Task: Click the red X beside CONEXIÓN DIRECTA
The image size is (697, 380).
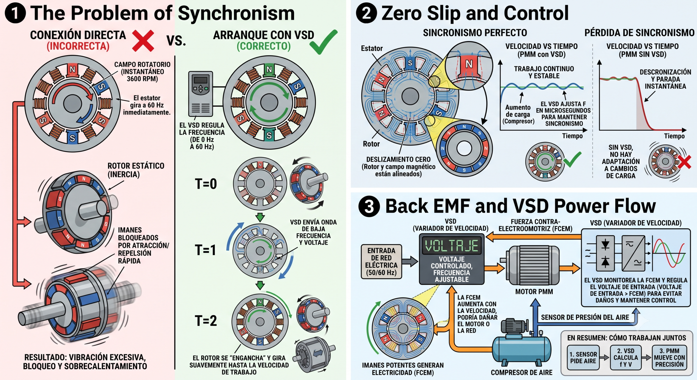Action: click(143, 41)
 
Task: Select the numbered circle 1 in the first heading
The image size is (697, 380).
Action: click(15, 13)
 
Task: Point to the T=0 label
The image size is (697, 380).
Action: click(206, 184)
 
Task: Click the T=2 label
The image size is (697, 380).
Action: click(206, 321)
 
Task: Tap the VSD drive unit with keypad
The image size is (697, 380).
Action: click(201, 94)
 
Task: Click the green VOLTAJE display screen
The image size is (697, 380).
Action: click(452, 246)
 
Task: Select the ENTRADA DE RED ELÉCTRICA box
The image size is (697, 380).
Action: click(381, 262)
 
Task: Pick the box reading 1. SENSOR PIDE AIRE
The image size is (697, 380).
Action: click(583, 358)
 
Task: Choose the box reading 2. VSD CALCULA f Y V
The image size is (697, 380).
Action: click(626, 358)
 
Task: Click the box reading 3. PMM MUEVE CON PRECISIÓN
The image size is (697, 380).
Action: click(669, 358)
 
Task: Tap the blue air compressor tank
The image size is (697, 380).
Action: click(522, 348)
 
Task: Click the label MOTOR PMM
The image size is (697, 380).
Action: click(534, 292)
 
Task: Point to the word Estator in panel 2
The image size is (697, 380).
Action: click(372, 48)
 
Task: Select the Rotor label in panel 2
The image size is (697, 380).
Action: click(371, 144)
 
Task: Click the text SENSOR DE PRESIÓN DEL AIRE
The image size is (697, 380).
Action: click(585, 317)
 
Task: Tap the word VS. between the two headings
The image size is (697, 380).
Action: click(176, 41)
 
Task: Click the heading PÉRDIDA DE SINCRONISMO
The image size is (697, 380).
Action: click(639, 33)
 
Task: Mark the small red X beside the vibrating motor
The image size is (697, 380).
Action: click(684, 162)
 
